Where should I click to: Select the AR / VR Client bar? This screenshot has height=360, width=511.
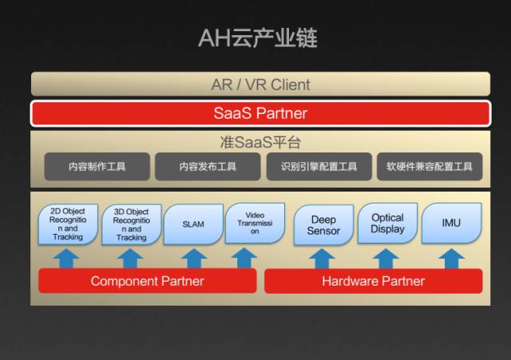tap(260, 84)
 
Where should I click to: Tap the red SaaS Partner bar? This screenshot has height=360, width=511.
tap(260, 113)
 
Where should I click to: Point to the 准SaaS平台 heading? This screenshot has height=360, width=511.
tap(260, 142)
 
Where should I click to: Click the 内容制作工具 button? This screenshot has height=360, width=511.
tap(97, 166)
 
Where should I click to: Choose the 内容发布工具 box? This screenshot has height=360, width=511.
tap(208, 166)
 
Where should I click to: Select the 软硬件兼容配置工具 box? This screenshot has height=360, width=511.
tap(430, 166)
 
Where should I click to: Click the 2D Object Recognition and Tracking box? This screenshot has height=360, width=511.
tap(68, 224)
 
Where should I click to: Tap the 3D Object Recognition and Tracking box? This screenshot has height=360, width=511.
tap(131, 225)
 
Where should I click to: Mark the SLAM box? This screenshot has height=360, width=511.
tap(193, 224)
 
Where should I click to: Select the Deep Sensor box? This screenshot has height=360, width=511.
tap(323, 224)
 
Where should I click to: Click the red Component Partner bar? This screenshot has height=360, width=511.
tap(148, 281)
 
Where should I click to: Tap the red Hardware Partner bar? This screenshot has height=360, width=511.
tap(373, 281)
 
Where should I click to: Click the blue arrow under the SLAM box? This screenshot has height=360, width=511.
tap(193, 258)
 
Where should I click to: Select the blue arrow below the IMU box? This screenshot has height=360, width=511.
tap(451, 258)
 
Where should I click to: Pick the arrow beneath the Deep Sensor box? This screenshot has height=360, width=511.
tap(322, 258)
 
